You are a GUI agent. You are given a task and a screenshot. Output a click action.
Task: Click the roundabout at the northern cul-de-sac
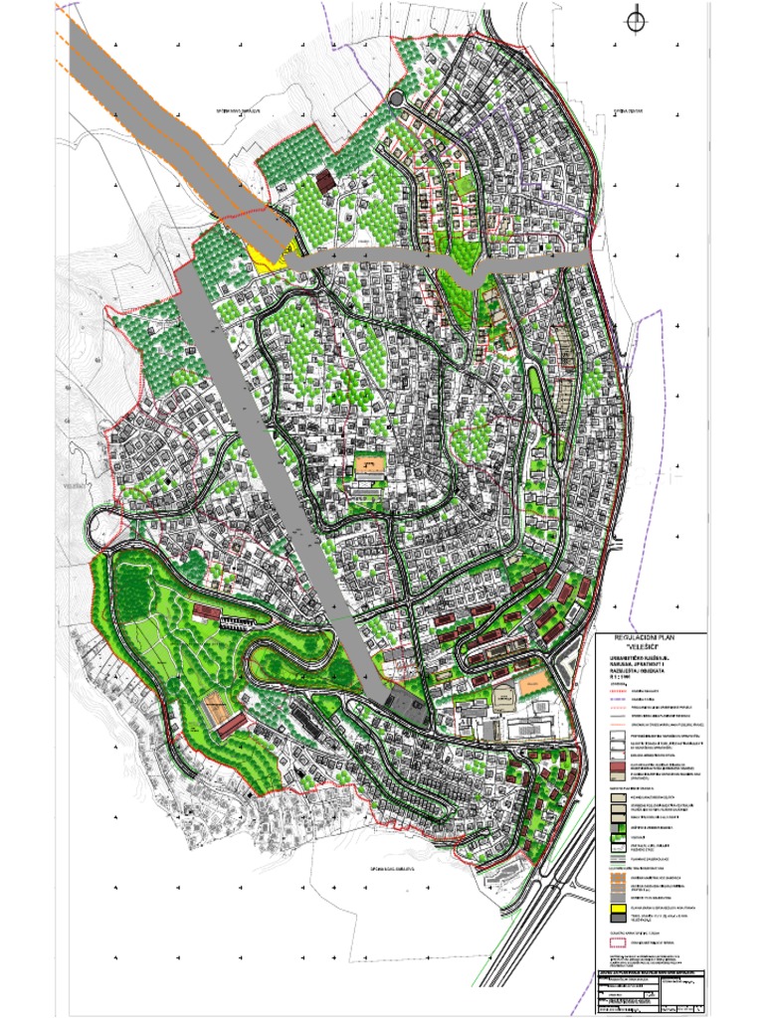pyautogui.click(x=396, y=98)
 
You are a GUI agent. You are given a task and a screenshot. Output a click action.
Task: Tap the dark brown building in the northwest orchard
pyautogui.click(x=323, y=183)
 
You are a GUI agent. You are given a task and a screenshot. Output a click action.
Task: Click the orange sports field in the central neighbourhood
pyautogui.click(x=369, y=464)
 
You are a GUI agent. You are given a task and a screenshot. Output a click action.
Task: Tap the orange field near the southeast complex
pyautogui.click(x=533, y=684)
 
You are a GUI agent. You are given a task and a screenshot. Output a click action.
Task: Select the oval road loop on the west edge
pyautogui.click(x=104, y=527)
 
